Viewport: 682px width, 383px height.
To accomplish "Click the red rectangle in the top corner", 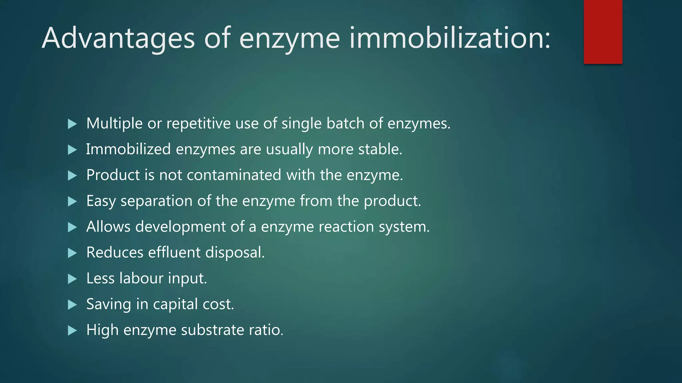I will click(603, 32).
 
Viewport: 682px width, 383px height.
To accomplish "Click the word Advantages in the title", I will click(118, 38).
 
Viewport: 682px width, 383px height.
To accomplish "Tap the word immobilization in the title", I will click(450, 38).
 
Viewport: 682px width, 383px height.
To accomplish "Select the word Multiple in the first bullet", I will click(114, 123).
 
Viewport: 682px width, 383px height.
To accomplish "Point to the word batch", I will click(345, 123).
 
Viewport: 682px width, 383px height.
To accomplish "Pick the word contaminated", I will click(234, 175).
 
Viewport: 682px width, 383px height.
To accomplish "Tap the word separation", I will click(156, 201).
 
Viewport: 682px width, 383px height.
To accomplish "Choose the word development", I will click(180, 227).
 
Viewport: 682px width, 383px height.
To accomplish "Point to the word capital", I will click(175, 305).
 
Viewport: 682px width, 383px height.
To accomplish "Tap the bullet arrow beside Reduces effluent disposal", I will click(72, 253).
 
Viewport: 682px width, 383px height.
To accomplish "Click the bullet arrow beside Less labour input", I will click(72, 279).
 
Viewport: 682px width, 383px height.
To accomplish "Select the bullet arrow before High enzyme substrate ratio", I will click(72, 330).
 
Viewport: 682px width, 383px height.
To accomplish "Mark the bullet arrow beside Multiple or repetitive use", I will click(72, 124).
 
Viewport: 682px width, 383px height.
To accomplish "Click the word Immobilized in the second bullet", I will click(128, 149).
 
